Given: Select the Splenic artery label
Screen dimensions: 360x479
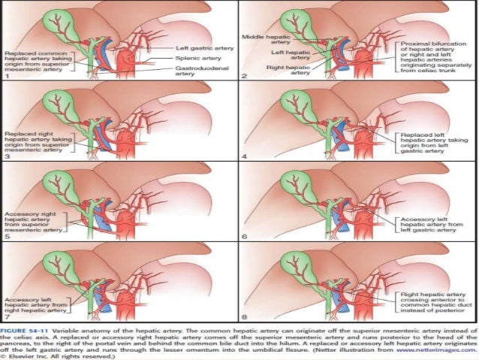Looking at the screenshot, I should pos(196,57).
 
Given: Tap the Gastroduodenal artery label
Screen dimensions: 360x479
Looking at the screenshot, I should pos(197,71).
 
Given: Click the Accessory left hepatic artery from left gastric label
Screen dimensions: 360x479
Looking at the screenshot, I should pos(426,223).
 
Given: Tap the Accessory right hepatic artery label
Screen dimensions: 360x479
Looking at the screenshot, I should pos(35,222).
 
